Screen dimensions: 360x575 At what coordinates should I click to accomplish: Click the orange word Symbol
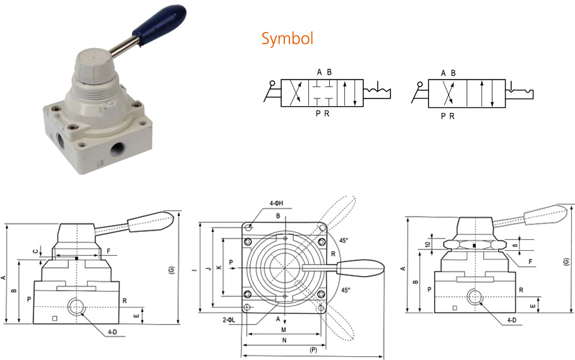287,39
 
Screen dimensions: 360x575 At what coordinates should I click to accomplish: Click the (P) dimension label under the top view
313,349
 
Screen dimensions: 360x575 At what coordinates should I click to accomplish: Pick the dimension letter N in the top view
284,340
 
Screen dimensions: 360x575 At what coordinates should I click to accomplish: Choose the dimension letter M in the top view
284,330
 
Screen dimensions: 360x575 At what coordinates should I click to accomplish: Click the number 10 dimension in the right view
428,244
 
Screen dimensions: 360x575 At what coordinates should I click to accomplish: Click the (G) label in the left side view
171,270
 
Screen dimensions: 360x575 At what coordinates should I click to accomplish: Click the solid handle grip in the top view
361,268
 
